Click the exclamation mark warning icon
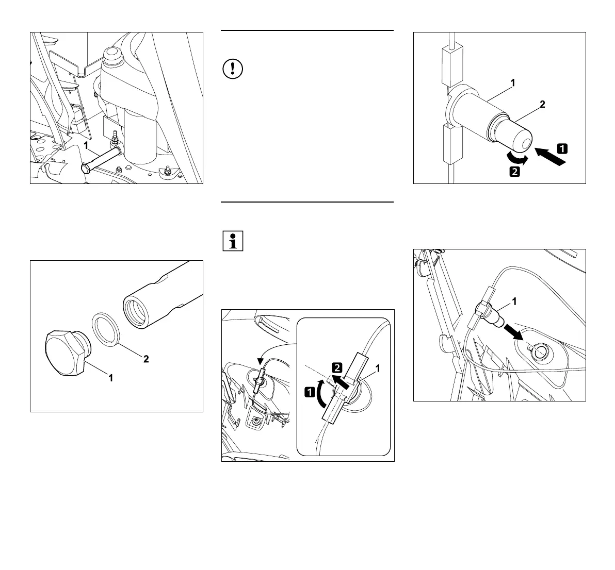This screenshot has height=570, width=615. pyautogui.click(x=233, y=69)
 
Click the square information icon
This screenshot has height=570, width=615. pyautogui.click(x=233, y=241)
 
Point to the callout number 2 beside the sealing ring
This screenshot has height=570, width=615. pyautogui.click(x=146, y=359)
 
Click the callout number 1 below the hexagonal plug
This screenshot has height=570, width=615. pyautogui.click(x=110, y=378)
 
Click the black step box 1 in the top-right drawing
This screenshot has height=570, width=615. pyautogui.click(x=562, y=148)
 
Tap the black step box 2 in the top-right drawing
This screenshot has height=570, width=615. pyautogui.click(x=514, y=172)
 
